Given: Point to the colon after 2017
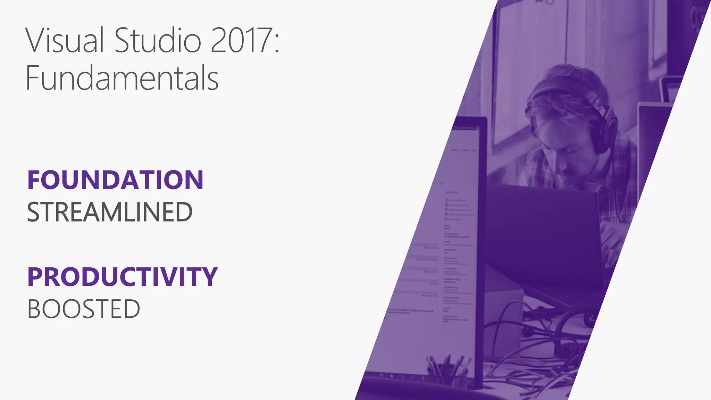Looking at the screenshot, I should tap(277, 43).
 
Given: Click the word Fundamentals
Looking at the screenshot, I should tap(122, 78).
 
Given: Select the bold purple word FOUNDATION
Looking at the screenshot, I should tap(115, 180).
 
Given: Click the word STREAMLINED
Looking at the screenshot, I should tap(110, 212).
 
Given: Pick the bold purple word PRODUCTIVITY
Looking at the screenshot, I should tap(122, 277).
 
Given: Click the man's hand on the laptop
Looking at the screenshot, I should tap(613, 243).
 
